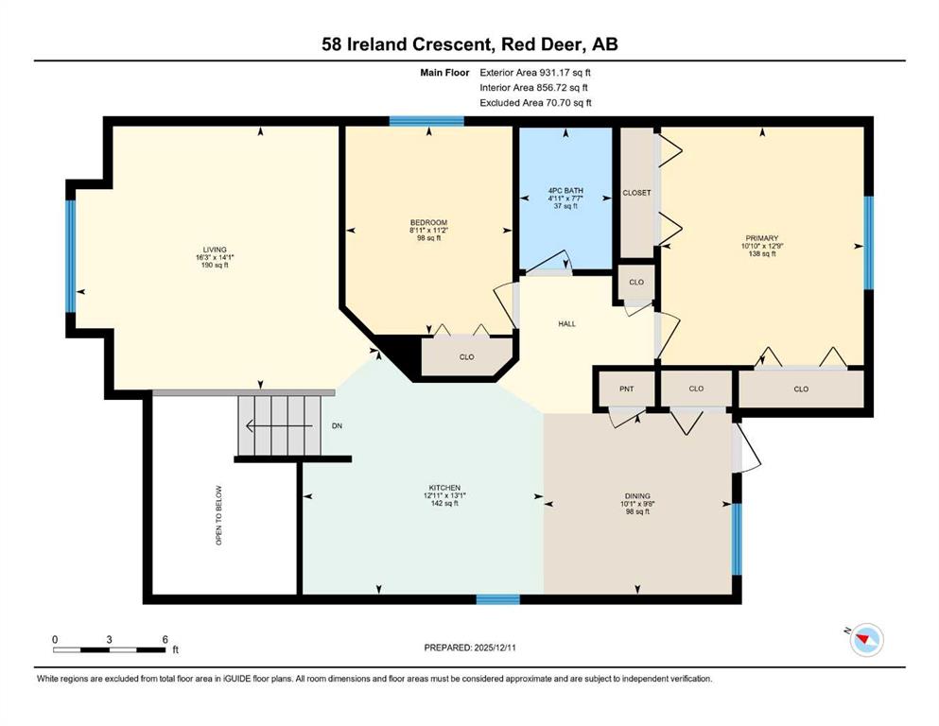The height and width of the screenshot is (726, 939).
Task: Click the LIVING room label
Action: point(215,250)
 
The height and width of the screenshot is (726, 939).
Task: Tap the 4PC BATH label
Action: point(565,190)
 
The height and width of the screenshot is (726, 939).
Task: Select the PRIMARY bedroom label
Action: point(762,238)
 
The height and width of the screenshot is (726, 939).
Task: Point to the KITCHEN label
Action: point(444,488)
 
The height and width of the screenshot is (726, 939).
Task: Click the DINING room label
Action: point(637,496)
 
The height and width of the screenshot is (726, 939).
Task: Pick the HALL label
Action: point(567,324)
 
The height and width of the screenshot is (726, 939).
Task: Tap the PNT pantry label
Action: point(626,389)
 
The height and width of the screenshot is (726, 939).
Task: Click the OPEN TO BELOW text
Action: point(218,515)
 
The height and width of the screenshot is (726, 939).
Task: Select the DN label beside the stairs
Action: point(338,426)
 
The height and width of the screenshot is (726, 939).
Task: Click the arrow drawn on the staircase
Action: point(279,426)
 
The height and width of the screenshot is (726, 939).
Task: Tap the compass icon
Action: point(866,640)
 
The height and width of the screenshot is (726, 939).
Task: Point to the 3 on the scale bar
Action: point(109,639)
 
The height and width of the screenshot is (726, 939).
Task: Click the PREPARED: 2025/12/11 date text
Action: point(470,648)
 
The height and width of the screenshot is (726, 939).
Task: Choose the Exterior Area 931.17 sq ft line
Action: point(535,73)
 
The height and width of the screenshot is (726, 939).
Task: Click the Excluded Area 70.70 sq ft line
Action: point(536,102)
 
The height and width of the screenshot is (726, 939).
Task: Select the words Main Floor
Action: point(444,73)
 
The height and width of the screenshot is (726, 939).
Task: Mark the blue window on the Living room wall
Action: point(71,256)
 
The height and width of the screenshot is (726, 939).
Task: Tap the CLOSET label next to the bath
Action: point(636,193)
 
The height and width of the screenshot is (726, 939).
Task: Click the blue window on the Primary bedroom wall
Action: point(868,242)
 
